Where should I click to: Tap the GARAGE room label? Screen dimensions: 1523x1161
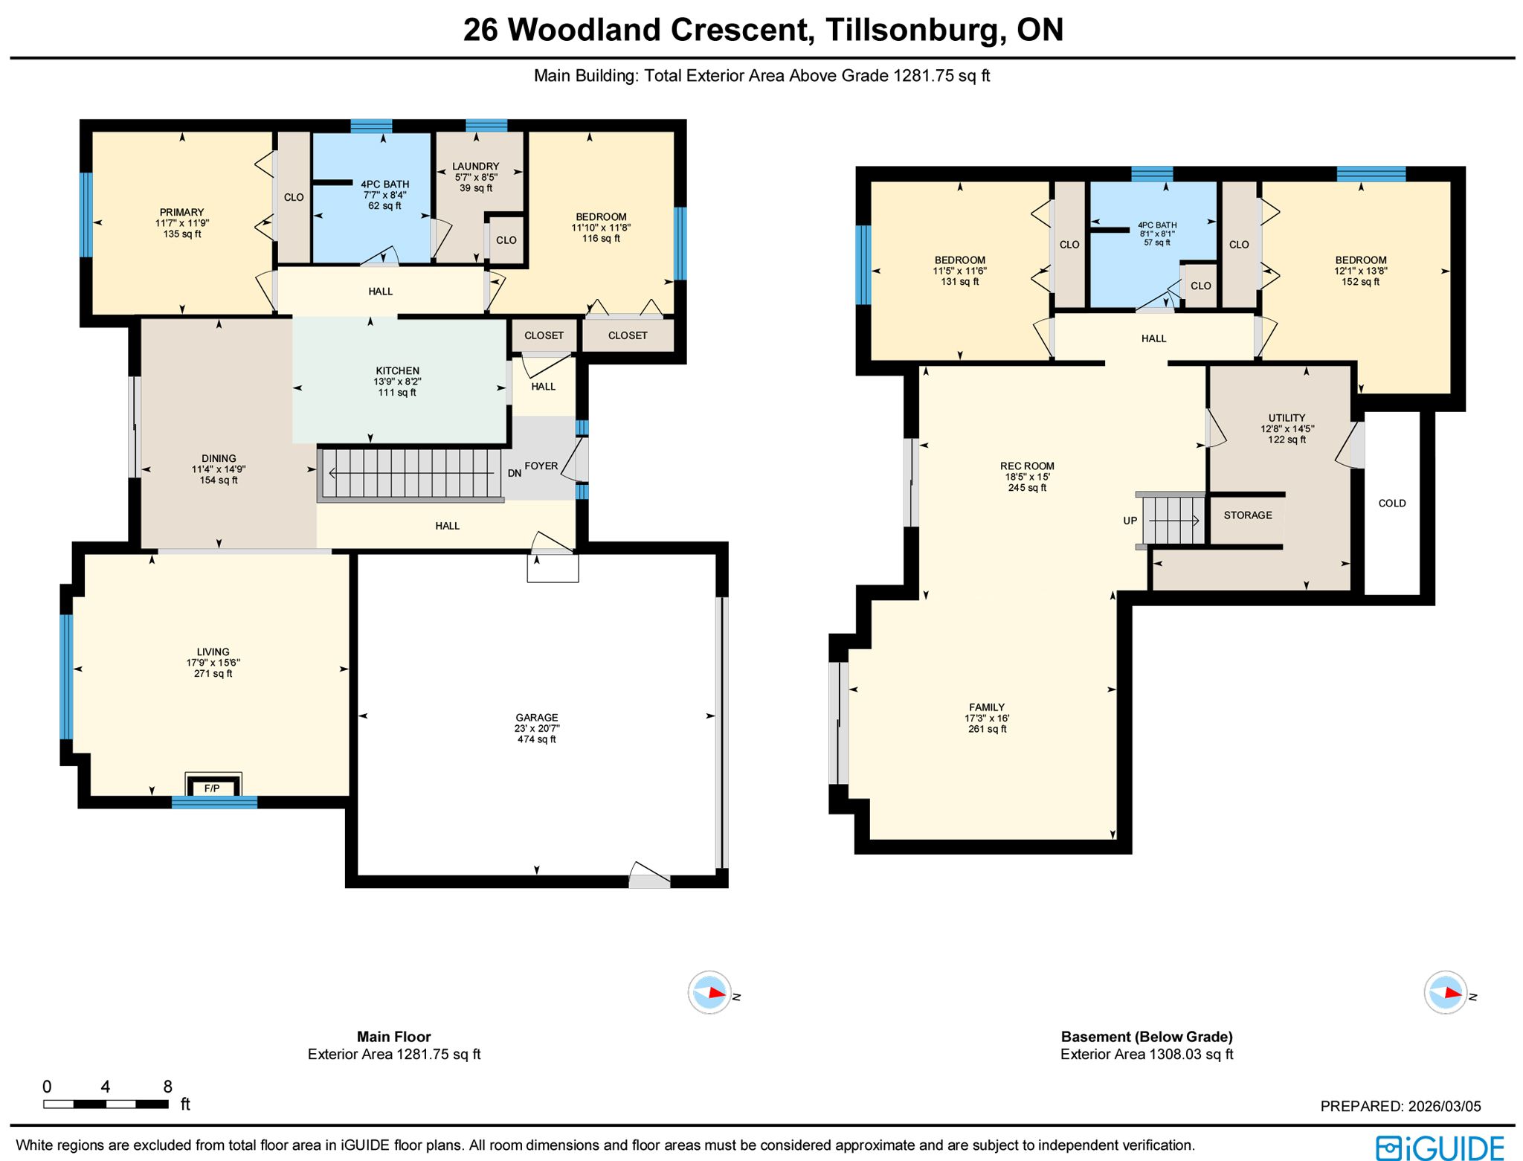(x=537, y=718)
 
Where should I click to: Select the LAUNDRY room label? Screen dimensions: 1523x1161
(x=476, y=167)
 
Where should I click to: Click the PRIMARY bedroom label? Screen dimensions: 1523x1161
(x=181, y=212)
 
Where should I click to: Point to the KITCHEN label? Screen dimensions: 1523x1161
(x=397, y=370)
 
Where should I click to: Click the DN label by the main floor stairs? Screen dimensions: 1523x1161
(x=515, y=473)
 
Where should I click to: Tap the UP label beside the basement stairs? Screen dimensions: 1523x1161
(x=1130, y=521)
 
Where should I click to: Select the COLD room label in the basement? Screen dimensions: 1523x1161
(x=1392, y=503)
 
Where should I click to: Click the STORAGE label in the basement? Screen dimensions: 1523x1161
(x=1248, y=515)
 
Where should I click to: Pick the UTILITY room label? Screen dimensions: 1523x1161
(x=1287, y=418)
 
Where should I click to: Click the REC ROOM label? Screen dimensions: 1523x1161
(x=1027, y=466)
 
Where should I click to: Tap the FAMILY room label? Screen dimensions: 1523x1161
(x=987, y=707)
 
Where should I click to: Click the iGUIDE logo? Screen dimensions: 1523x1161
(x=1440, y=1148)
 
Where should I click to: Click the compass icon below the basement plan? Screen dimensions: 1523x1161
(x=1446, y=992)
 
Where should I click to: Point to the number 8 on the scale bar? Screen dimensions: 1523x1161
(x=168, y=1087)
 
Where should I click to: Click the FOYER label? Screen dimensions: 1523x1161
(x=541, y=466)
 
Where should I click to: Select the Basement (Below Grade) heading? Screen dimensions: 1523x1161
(x=1147, y=1036)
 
